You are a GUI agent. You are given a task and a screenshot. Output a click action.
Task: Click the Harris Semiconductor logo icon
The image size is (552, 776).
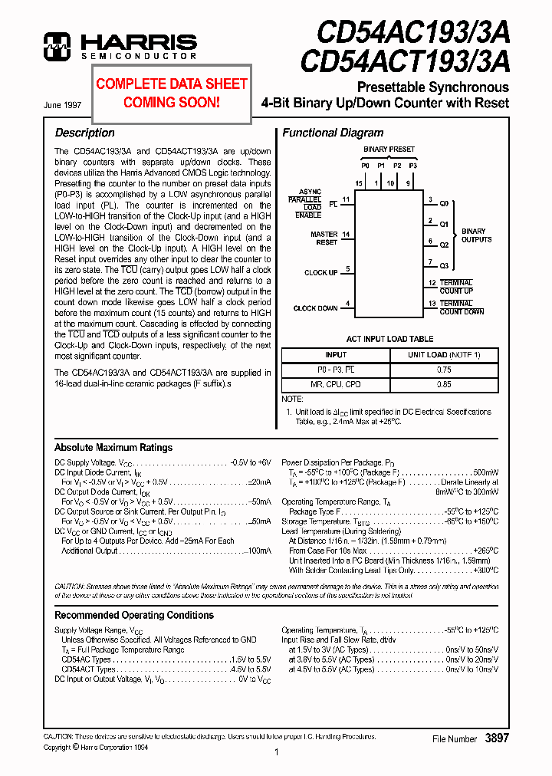pyautogui.click(x=58, y=46)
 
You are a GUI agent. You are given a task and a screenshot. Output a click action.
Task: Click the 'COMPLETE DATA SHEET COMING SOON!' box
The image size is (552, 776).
pyautogui.click(x=172, y=93)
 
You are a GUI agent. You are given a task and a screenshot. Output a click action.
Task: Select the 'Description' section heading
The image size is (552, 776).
pyautogui.click(x=84, y=133)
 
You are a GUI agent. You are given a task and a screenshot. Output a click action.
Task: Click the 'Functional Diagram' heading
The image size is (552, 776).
pyautogui.click(x=333, y=133)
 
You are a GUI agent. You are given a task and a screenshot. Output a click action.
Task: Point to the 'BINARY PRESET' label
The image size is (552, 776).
pyautogui.click(x=389, y=150)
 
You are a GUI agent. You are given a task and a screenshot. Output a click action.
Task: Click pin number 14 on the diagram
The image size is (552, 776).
pyautogui.click(x=347, y=234)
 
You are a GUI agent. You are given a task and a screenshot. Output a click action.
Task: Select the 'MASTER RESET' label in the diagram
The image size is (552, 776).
pyautogui.click(x=324, y=238)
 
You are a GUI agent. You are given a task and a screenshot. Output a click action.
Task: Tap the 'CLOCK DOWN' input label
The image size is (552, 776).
pyautogui.click(x=315, y=308)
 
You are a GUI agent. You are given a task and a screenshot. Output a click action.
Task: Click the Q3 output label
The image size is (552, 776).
pyautogui.click(x=444, y=266)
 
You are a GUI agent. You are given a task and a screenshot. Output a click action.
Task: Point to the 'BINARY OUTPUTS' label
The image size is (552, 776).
pyautogui.click(x=475, y=235)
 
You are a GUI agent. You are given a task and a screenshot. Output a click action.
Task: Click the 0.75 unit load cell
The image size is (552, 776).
pyautogui.click(x=444, y=369)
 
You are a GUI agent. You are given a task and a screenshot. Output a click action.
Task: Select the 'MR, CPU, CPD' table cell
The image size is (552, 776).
pyautogui.click(x=336, y=383)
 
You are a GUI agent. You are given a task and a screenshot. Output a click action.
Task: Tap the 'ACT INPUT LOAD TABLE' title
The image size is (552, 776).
pyautogui.click(x=389, y=339)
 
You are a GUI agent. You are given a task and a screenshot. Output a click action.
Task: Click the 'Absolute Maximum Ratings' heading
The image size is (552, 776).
pyautogui.click(x=113, y=448)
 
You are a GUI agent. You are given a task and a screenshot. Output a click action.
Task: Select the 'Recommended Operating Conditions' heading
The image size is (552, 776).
pyautogui.click(x=134, y=615)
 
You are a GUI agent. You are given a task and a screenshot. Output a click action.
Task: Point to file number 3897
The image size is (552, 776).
pyautogui.click(x=497, y=738)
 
